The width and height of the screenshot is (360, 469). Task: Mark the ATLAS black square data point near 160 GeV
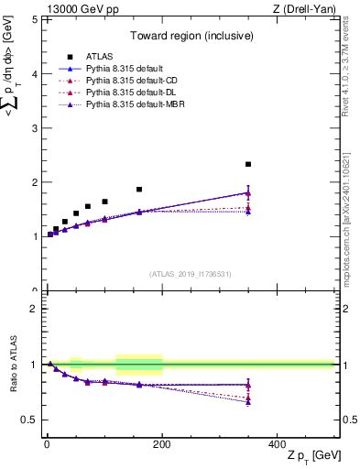click(x=139, y=190)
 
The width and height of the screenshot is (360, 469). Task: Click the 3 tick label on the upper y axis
click(x=34, y=127)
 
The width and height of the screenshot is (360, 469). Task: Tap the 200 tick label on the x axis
click(x=162, y=443)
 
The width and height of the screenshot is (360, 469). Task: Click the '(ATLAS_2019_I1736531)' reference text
click(x=190, y=274)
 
